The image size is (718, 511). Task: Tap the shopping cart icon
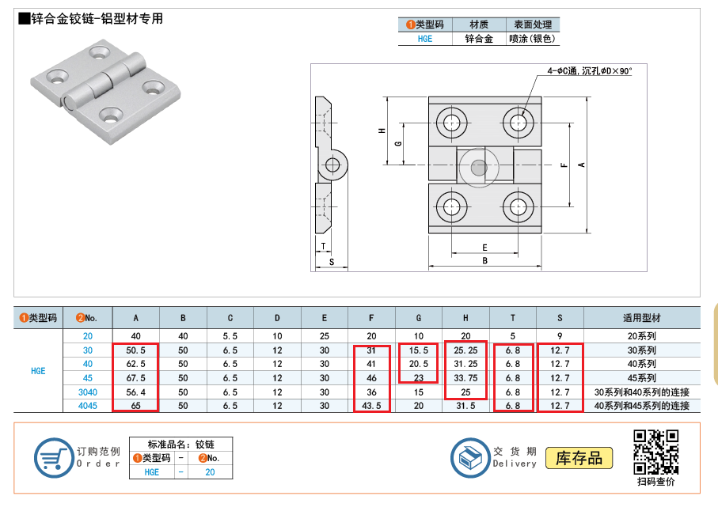[53, 457]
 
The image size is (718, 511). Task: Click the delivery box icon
[470, 457]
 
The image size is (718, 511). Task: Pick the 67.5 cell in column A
[135, 378]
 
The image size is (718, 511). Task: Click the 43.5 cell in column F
[371, 406]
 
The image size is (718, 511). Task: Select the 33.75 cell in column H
[465, 378]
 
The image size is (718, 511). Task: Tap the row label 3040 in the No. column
[88, 392]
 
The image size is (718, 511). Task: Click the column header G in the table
[419, 318]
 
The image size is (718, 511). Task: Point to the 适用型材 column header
[641, 318]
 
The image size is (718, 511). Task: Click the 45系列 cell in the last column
[641, 378]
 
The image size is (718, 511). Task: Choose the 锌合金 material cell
[478, 38]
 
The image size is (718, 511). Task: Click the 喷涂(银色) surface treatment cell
[532, 38]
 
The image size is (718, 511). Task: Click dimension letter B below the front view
[484, 260]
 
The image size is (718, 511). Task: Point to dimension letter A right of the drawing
[581, 165]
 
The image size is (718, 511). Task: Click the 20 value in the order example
[210, 471]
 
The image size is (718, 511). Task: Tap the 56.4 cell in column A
[135, 392]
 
